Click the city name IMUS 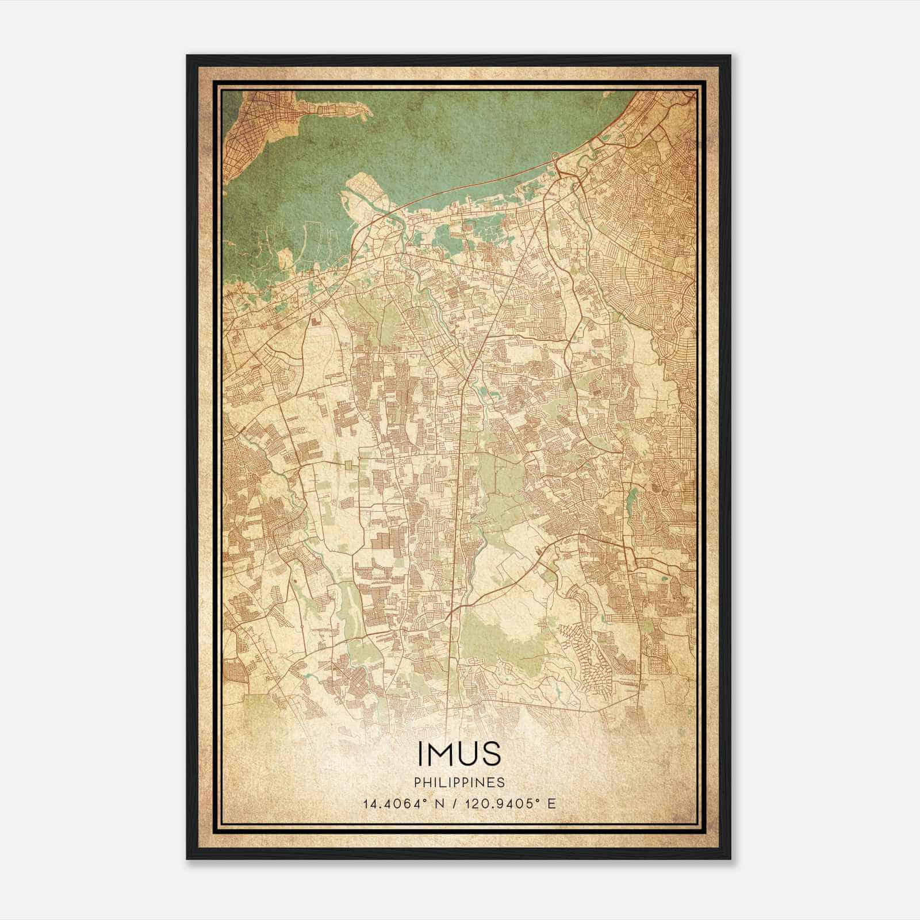(459, 754)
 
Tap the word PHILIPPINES (459, 783)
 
